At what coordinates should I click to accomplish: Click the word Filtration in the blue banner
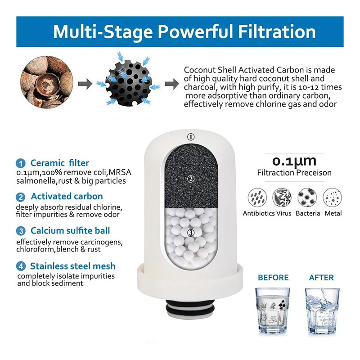click(277, 31)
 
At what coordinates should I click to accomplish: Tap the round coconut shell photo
click(47, 82)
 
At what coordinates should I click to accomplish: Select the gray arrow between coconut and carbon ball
click(85, 84)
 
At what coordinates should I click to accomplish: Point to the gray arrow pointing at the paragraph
click(172, 84)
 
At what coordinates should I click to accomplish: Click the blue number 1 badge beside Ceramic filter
click(21, 163)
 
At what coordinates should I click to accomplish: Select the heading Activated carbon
click(67, 196)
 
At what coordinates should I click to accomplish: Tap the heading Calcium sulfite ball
click(70, 230)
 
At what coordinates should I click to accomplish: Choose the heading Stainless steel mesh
click(73, 266)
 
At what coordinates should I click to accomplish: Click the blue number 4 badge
click(21, 266)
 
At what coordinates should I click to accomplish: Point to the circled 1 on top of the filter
click(191, 137)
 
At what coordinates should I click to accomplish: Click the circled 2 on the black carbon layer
click(191, 179)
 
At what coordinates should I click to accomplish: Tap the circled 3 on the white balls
click(191, 233)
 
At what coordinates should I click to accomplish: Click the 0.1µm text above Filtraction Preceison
click(294, 161)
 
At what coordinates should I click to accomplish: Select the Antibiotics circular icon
click(257, 198)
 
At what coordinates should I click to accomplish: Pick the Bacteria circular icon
click(307, 198)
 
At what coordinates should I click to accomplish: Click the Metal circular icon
click(332, 198)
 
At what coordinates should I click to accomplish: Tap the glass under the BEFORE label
click(273, 310)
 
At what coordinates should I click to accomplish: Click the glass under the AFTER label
click(322, 310)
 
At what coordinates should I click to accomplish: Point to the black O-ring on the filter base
click(190, 311)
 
